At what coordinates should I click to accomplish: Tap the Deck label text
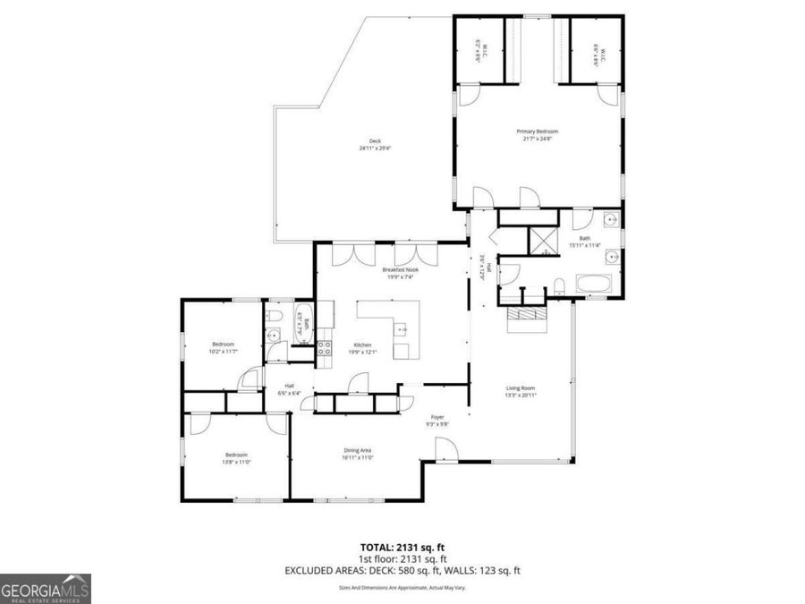pyautogui.click(x=374, y=141)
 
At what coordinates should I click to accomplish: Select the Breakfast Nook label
pyautogui.click(x=400, y=269)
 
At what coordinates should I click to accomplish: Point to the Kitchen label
pyautogui.click(x=362, y=345)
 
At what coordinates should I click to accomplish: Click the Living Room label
pyautogui.click(x=520, y=387)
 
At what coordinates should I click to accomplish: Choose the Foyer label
pyautogui.click(x=438, y=417)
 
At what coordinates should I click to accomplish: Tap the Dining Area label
pyautogui.click(x=358, y=450)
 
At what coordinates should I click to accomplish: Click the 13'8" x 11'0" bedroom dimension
pyautogui.click(x=236, y=462)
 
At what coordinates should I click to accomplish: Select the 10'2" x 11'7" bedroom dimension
pyautogui.click(x=223, y=352)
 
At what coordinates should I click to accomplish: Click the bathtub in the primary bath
pyautogui.click(x=595, y=285)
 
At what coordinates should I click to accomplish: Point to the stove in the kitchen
pyautogui.click(x=325, y=347)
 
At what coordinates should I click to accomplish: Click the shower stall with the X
pyautogui.click(x=542, y=241)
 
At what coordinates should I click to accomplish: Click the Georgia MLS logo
pyautogui.click(x=46, y=589)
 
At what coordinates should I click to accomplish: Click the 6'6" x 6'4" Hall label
pyautogui.click(x=289, y=389)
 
